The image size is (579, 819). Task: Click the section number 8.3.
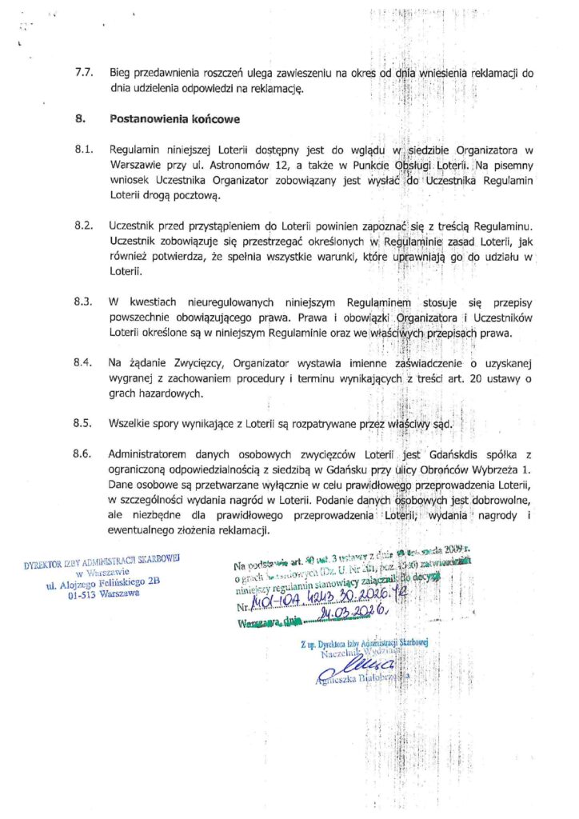point(84,302)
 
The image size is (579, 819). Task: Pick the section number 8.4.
point(84,362)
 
